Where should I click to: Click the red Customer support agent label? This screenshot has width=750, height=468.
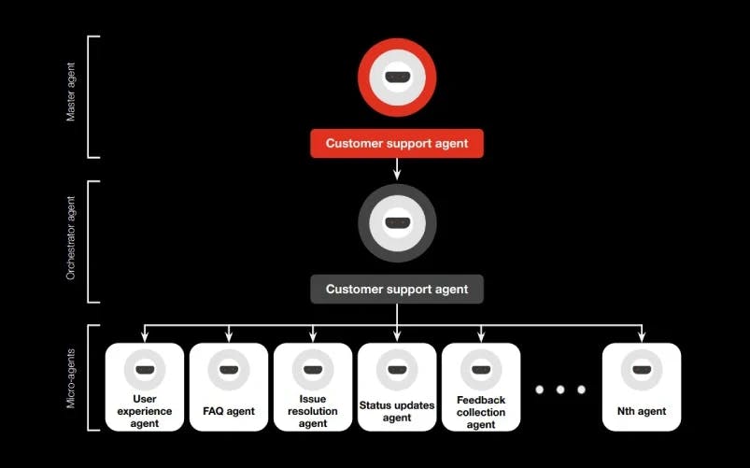397,144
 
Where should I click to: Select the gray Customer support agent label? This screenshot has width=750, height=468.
397,290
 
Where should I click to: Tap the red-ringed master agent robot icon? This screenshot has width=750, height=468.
397,78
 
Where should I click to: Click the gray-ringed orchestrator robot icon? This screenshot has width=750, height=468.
397,223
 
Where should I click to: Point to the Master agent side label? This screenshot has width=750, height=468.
71,97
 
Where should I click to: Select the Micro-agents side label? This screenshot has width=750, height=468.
71,378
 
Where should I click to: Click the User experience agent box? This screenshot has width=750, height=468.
144,387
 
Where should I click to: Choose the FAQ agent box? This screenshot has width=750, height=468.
229,387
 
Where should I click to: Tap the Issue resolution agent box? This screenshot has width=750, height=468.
313,387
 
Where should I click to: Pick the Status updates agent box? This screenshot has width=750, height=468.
397,387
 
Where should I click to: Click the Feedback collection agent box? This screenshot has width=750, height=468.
481,387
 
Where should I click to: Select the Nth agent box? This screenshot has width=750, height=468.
642,387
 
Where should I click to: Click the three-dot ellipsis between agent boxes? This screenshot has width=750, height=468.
560,389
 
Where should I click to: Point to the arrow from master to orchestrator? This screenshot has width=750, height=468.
397,168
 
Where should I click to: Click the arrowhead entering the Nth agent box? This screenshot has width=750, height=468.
642,337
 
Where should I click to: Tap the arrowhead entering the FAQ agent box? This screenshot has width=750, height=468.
229,337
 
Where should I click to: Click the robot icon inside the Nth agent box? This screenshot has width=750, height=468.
642,371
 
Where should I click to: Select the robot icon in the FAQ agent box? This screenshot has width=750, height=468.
229,371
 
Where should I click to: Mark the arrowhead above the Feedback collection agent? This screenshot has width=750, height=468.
481,337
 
